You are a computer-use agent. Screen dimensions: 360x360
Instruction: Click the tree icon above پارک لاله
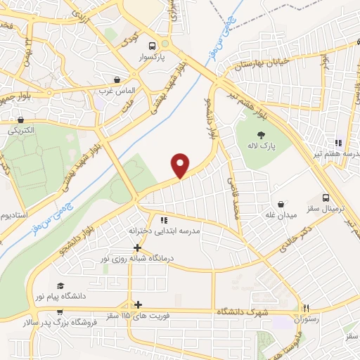(x=261, y=135)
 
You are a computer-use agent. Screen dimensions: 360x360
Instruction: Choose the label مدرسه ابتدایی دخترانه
(x=165, y=231)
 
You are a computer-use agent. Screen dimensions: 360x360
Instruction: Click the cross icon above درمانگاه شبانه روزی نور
(x=138, y=247)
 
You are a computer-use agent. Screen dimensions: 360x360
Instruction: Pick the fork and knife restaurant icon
(x=306, y=308)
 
